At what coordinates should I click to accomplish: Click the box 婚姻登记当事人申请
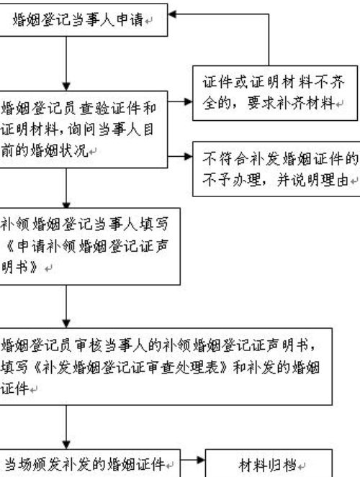tap(84, 20)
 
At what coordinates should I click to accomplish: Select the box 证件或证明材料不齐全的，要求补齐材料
tap(275, 93)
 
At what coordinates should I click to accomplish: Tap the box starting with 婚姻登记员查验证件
tap(84, 130)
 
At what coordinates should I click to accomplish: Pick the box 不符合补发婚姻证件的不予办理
tap(276, 169)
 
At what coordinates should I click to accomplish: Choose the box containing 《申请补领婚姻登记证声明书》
tap(90, 246)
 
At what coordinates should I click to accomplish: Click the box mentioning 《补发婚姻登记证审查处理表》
tap(166, 366)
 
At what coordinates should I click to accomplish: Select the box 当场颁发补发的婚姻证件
tap(90, 463)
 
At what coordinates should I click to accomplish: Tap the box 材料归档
tap(269, 463)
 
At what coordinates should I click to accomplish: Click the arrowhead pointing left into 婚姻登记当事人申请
tap(172, 14)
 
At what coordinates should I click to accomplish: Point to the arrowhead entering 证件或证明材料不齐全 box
tap(189, 101)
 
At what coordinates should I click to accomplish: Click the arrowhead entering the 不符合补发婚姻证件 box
tap(189, 156)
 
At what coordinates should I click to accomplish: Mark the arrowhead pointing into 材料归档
tap(201, 460)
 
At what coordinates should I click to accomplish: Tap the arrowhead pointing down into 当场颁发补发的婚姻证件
tap(66, 445)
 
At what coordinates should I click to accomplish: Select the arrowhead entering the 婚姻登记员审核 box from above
tap(66, 324)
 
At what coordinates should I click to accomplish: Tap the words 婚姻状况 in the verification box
tap(62, 150)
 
